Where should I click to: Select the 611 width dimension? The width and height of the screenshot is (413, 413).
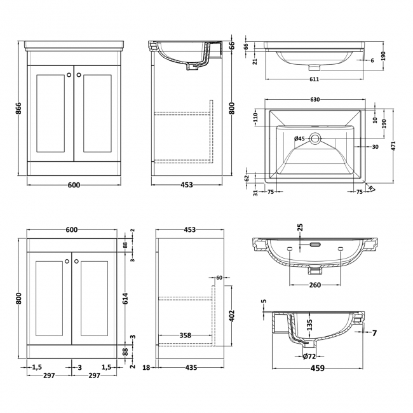click(314, 79)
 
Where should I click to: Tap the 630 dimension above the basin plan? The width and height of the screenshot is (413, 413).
click(315, 100)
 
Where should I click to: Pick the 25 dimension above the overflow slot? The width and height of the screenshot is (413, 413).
click(300, 227)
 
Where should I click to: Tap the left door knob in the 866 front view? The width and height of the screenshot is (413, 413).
click(68, 76)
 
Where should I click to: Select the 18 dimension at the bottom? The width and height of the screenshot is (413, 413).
click(147, 368)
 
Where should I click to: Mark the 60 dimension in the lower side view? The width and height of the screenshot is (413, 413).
click(219, 278)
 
